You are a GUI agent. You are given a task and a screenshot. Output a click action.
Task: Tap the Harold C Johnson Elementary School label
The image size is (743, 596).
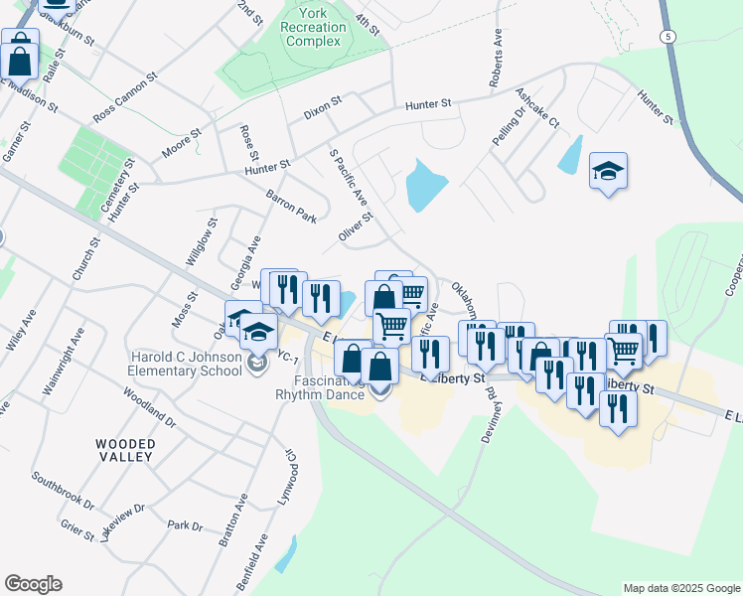coord(184,364)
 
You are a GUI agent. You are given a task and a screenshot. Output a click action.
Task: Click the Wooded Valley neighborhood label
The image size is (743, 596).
coord(125,450)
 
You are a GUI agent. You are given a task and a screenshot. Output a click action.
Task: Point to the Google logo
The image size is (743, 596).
coord(33,584)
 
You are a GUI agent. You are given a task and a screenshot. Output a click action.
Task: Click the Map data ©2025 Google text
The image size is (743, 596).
coord(681,588)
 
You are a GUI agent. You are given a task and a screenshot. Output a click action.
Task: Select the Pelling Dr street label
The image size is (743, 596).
coord(509,127)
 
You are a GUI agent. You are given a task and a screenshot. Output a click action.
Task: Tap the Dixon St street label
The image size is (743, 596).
coord(323,107)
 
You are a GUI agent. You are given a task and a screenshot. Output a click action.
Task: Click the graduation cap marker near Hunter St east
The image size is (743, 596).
coord(608,171)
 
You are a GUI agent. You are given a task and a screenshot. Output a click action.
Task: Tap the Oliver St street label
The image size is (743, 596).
coord(355,225)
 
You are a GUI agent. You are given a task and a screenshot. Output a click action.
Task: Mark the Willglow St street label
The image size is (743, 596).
coord(200,242)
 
